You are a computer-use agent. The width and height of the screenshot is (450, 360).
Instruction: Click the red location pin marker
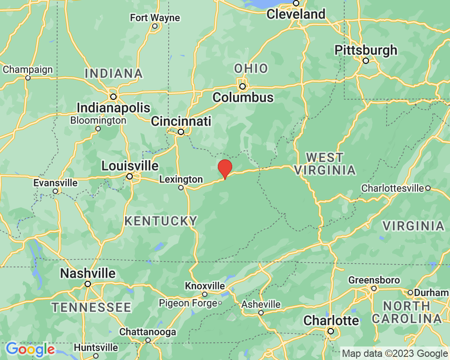(225, 168)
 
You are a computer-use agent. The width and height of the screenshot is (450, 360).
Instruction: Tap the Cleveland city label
(296, 14)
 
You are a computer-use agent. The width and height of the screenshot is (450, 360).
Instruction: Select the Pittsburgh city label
(366, 50)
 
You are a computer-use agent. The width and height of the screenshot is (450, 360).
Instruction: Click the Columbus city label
(243, 97)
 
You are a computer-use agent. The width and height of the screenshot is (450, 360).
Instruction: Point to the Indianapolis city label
(113, 108)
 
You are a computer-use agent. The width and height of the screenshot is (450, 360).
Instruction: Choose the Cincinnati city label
(181, 121)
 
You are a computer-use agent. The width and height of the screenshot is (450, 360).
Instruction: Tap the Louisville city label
(130, 166)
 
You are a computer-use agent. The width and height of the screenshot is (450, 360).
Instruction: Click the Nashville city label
(88, 273)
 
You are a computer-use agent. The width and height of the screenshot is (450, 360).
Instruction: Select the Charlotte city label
(331, 321)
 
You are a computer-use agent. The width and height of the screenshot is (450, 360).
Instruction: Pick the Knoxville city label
(205, 286)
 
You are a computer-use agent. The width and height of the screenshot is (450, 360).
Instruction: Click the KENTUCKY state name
(161, 221)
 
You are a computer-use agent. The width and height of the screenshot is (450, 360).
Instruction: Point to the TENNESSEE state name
(91, 308)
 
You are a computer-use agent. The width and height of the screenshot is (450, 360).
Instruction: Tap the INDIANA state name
(113, 73)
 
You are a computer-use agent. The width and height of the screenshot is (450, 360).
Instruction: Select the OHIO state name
(251, 69)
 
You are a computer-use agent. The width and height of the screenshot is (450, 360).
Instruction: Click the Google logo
(30, 350)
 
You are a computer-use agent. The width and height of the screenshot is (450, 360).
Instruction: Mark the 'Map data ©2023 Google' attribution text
(395, 353)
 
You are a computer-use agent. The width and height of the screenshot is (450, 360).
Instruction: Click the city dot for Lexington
(181, 188)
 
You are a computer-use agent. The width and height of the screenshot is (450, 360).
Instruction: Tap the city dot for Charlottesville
(428, 188)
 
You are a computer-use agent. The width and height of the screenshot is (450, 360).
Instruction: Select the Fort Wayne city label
(155, 18)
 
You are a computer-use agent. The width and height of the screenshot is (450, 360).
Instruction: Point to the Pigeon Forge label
(188, 303)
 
